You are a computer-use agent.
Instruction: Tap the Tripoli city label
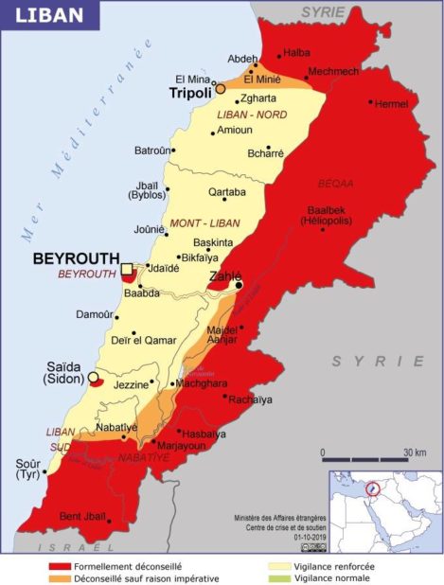189,94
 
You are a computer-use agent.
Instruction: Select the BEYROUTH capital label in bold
76,257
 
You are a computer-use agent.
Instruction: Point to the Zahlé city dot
240,284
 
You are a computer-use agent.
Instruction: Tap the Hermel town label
391,103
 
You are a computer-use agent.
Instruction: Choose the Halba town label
297,53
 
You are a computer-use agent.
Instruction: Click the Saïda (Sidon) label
63,372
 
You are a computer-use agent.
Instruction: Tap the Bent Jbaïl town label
82,516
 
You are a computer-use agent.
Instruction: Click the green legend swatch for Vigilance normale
279,577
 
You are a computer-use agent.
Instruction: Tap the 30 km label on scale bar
414,453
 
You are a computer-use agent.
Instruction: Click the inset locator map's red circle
374,489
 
